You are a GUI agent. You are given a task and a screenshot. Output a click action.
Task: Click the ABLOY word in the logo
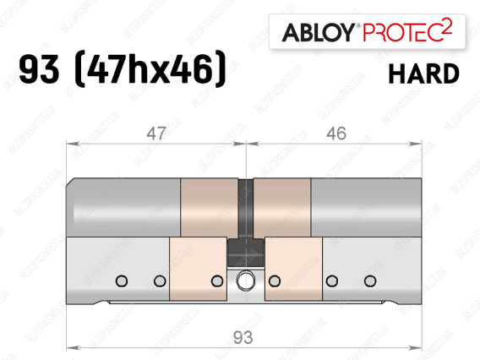coord(318,32)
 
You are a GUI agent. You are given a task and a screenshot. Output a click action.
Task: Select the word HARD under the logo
coord(424,74)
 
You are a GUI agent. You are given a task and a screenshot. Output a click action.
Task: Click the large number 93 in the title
coord(39,69)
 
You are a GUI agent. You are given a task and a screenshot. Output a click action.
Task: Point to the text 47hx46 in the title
coord(150,69)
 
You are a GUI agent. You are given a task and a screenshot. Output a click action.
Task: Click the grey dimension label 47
coord(156,134)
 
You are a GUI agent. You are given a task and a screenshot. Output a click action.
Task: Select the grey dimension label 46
coord(336,134)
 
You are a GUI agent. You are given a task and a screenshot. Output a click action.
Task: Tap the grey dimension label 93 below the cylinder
coord(243,338)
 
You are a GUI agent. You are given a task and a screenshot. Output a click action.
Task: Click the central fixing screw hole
coord(246,281)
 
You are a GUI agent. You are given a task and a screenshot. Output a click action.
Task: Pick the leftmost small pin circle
coord(122,281)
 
